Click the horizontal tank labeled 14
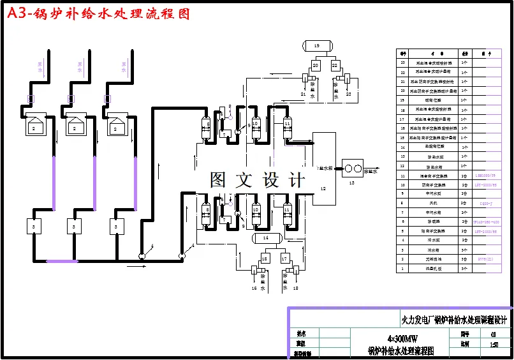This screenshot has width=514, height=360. (x=267, y=238)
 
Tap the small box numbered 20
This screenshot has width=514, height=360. (x=315, y=65)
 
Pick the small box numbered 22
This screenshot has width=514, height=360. (x=334, y=65)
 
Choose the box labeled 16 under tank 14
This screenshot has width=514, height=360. (x=265, y=259)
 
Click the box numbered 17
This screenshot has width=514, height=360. (x=284, y=259)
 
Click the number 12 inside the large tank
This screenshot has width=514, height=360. (x=323, y=189)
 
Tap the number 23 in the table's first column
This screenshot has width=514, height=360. (x=402, y=63)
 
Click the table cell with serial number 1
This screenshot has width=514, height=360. (x=402, y=269)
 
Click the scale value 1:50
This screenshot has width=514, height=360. (x=494, y=345)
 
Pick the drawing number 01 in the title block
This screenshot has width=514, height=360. (x=493, y=334)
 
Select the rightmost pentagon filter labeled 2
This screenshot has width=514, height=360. (x=116, y=125)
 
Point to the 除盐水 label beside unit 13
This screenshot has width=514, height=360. (x=371, y=171)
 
